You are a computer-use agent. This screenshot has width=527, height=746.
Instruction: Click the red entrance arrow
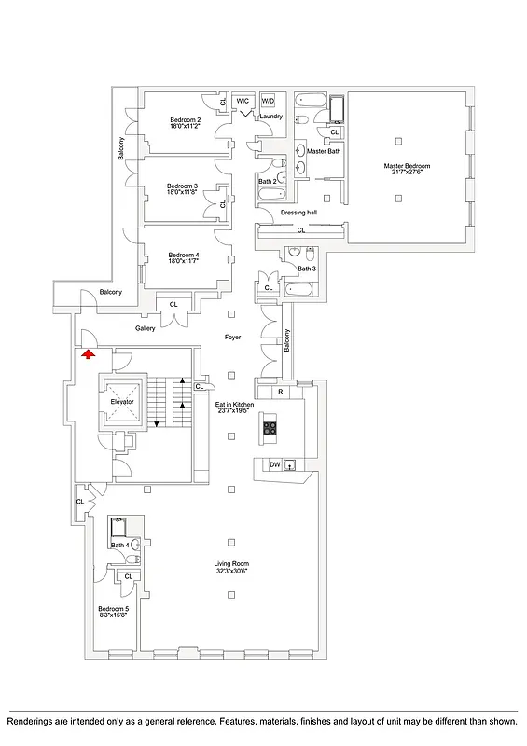click(88, 353)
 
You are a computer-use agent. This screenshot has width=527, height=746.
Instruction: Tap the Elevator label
click(124, 402)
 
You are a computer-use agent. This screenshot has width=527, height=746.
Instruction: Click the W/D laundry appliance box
click(269, 100)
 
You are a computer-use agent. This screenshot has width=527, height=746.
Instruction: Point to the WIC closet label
click(243, 100)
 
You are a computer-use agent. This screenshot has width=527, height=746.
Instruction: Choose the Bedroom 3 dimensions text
click(183, 192)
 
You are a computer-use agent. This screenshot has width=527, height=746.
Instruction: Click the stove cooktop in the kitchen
click(270, 429)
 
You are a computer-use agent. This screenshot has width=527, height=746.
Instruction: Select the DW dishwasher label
click(274, 464)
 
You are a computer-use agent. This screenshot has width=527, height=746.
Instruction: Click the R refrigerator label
click(281, 392)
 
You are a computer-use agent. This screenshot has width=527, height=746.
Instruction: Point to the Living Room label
click(230, 563)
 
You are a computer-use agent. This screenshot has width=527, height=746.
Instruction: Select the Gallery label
click(145, 328)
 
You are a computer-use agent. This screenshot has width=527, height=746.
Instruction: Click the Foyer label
click(233, 338)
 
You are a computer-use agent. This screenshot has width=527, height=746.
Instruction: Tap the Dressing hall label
click(299, 213)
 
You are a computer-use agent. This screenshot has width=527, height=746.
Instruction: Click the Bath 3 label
click(307, 269)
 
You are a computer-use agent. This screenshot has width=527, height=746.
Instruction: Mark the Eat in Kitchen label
click(235, 404)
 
